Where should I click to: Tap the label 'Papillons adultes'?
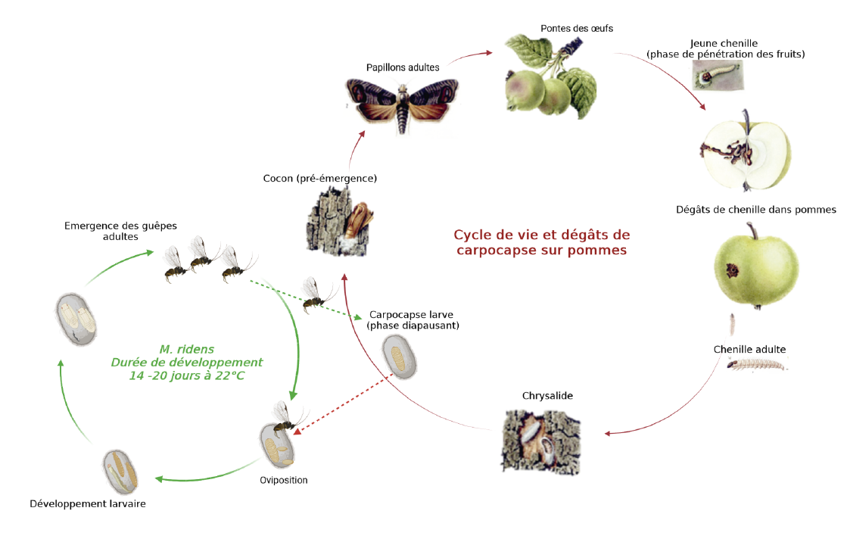[x=403, y=67]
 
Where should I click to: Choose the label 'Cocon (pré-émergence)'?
[x=319, y=179]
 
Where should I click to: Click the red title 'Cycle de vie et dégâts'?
[x=541, y=235]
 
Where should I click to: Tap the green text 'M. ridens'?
[x=187, y=349]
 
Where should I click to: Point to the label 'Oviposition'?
[x=284, y=480]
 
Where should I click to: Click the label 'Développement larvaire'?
[x=87, y=503]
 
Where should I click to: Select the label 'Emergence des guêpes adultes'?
[x=105, y=231]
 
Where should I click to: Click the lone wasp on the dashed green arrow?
[x=317, y=294]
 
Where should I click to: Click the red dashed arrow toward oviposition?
[x=344, y=403]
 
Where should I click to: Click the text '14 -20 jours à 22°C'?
[x=187, y=375]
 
